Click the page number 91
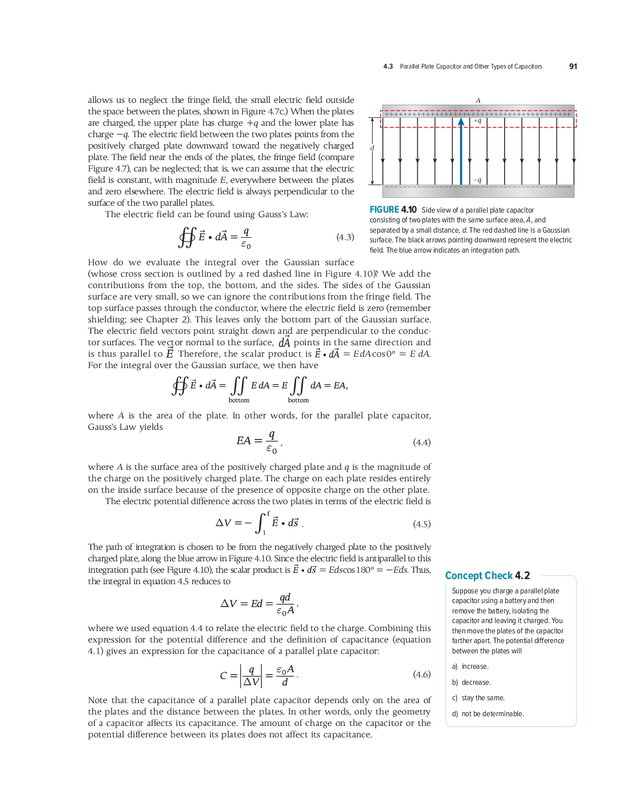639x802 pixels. pyautogui.click(x=573, y=66)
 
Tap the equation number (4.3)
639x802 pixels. pyautogui.click(x=345, y=237)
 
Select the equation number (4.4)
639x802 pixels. pyautogui.click(x=421, y=442)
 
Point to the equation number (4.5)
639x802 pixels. pyautogui.click(x=421, y=524)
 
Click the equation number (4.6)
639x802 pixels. pyautogui.click(x=421, y=675)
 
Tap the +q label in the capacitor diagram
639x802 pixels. pyautogui.click(x=477, y=121)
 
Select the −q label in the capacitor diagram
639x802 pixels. pyautogui.click(x=477, y=180)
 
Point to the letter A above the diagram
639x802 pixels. pyautogui.click(x=478, y=101)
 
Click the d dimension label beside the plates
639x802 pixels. pyautogui.click(x=372, y=148)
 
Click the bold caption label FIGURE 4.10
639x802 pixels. pyautogui.click(x=393, y=210)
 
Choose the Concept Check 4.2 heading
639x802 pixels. pyautogui.click(x=487, y=576)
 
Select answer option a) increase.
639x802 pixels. pyautogui.click(x=470, y=667)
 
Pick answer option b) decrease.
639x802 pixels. pyautogui.click(x=472, y=683)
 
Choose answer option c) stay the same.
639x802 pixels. pyautogui.click(x=478, y=698)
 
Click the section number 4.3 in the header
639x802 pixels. pyautogui.click(x=388, y=67)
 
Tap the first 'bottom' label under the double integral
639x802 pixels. pyautogui.click(x=239, y=400)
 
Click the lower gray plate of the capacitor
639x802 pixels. pyautogui.click(x=478, y=191)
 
